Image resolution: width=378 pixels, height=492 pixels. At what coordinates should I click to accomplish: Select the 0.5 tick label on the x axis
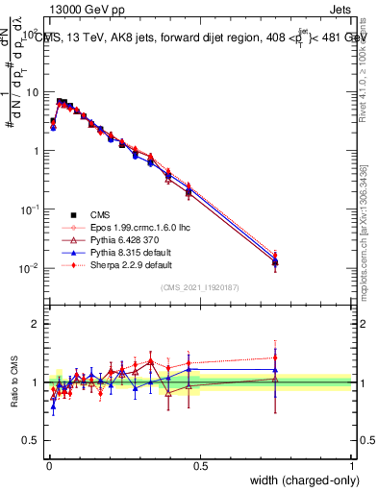point(200,466)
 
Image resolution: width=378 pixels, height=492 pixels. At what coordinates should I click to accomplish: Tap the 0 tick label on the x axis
point(49,466)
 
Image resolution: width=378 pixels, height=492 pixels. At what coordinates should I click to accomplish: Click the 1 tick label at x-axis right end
point(351,466)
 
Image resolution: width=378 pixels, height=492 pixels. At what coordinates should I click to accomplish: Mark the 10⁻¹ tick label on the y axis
point(31,209)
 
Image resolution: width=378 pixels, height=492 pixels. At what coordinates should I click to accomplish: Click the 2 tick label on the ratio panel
point(38,324)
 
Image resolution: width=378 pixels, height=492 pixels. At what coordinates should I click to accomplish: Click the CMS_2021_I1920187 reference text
point(200,288)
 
